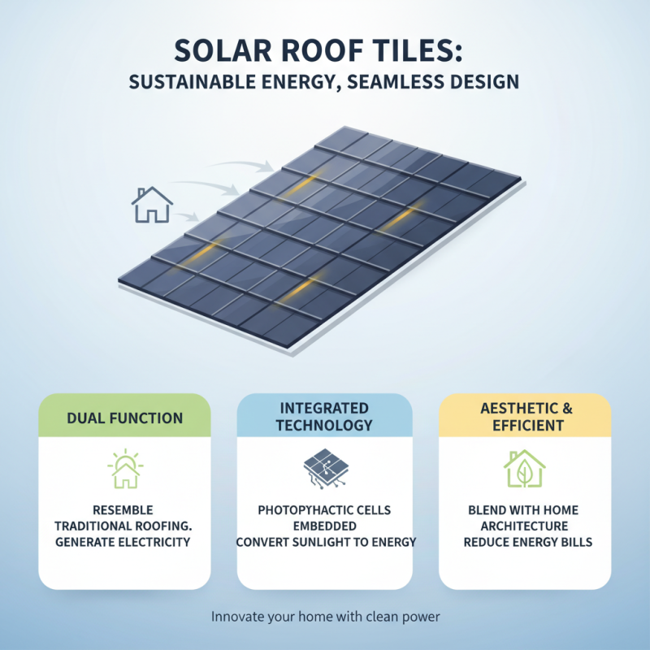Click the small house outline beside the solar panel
coord(152,205)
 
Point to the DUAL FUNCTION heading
coord(124,418)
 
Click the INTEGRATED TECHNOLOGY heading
coord(324,416)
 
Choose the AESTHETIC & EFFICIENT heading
coord(524,416)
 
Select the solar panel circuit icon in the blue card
coord(324,470)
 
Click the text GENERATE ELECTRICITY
coord(124,541)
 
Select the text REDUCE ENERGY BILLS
coord(524,541)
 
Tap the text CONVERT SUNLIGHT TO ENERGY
coord(324,541)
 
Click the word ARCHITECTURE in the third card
coord(524,526)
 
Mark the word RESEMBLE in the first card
coord(124,510)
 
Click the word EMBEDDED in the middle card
coord(324,526)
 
